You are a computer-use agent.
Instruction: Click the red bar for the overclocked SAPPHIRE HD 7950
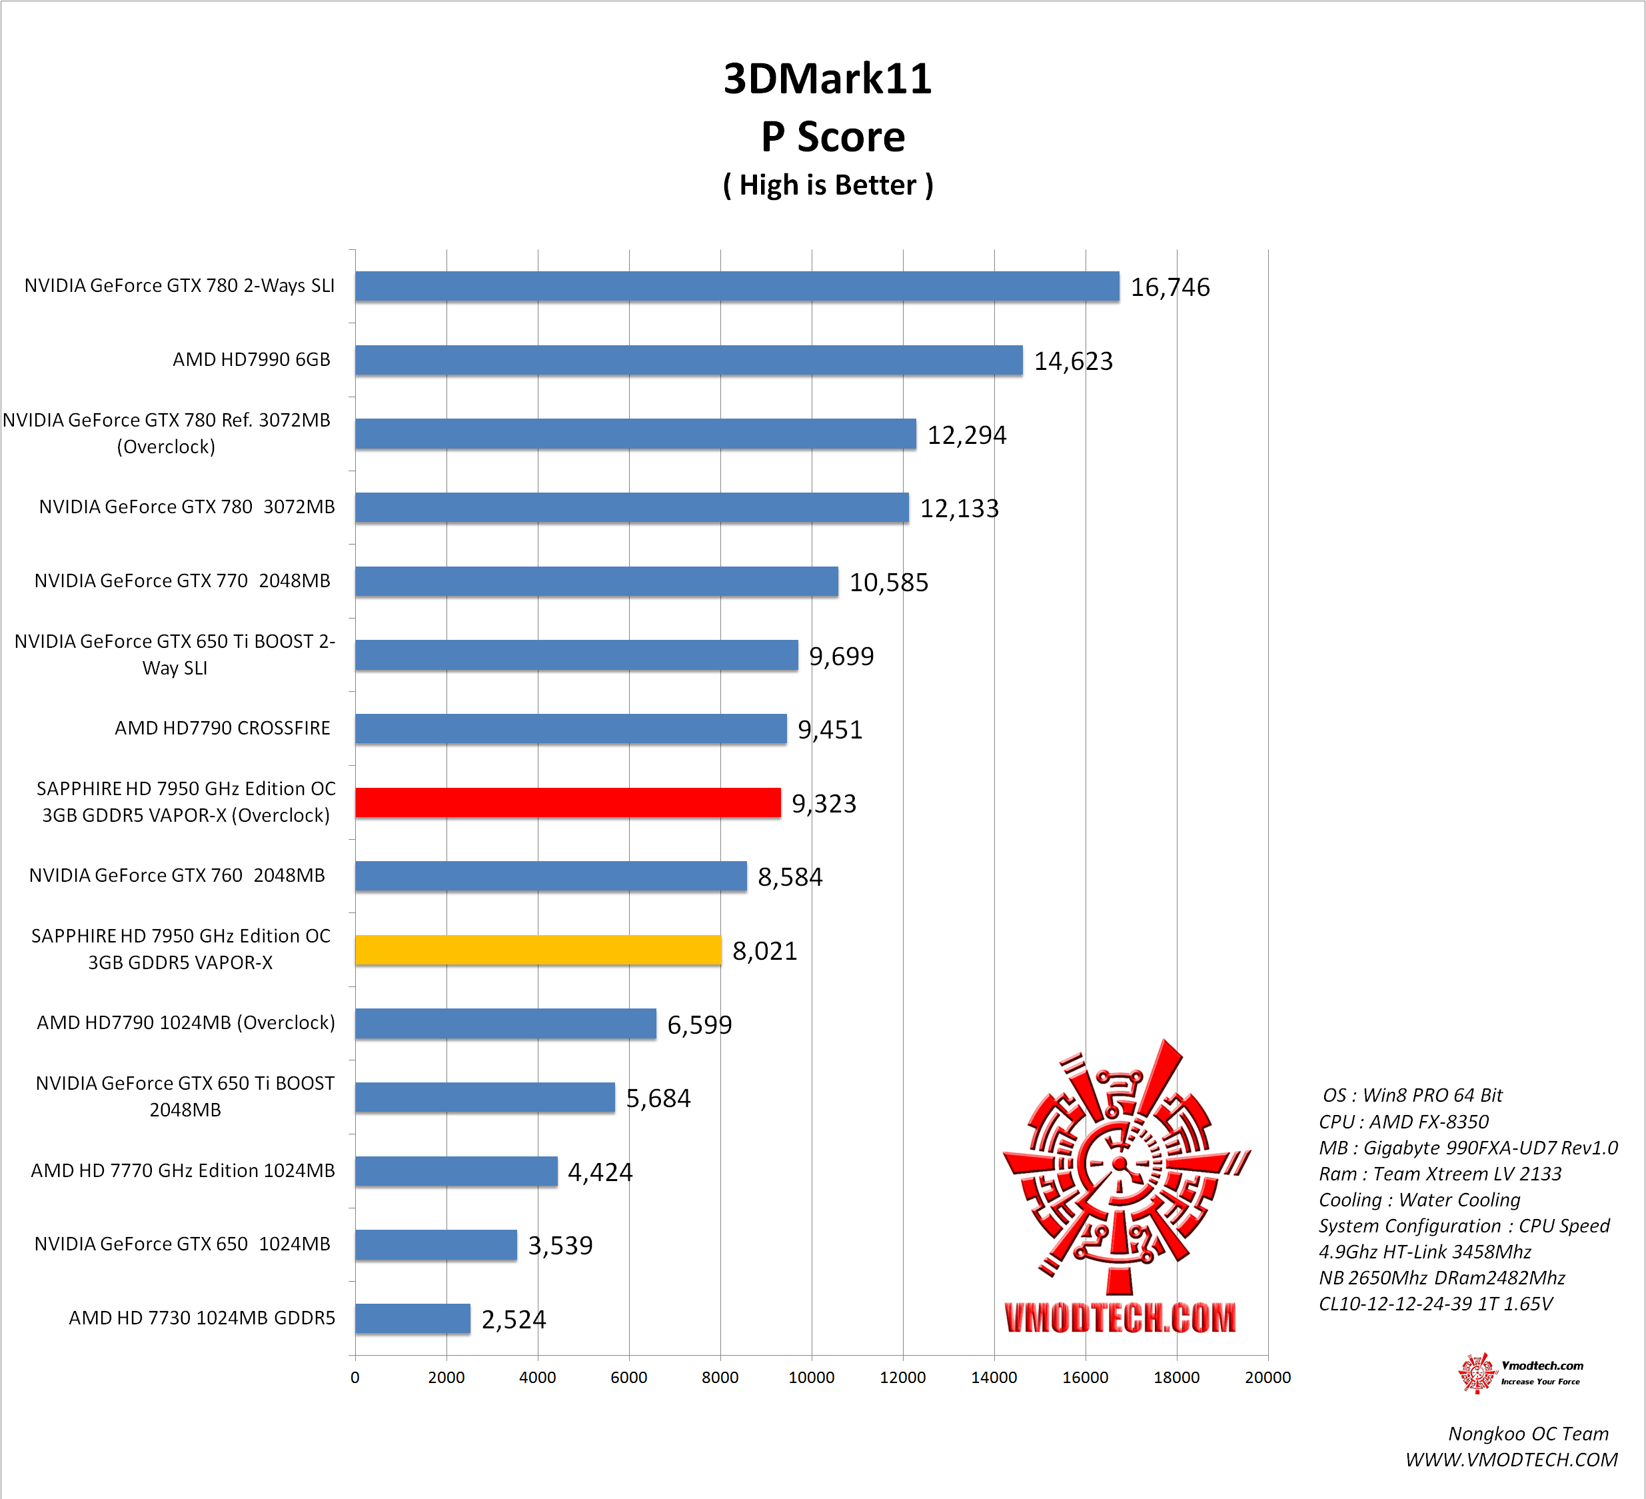tap(568, 802)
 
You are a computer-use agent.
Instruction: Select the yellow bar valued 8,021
tap(538, 950)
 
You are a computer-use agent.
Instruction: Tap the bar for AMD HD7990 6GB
tap(688, 360)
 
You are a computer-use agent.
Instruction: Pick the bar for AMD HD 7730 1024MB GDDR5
tap(412, 1318)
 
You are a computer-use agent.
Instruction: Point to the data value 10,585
tap(888, 582)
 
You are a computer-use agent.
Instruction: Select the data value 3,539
tap(560, 1245)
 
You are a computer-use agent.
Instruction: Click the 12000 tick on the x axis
tap(902, 1377)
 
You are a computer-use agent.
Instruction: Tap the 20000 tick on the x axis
tap(1267, 1377)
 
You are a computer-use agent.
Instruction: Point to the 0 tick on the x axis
tap(355, 1377)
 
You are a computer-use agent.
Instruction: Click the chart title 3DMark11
tap(827, 79)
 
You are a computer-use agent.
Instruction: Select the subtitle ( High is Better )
tap(827, 185)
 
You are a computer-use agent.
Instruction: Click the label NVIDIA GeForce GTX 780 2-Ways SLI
tap(180, 286)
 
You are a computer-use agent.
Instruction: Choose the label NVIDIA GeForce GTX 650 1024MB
tap(182, 1244)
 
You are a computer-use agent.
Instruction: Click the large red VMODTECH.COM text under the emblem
tap(1120, 1318)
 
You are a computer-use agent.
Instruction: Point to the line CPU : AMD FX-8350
tap(1403, 1122)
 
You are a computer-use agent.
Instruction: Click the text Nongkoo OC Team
tap(1527, 1434)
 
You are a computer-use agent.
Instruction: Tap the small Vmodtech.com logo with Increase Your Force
tap(1520, 1372)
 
